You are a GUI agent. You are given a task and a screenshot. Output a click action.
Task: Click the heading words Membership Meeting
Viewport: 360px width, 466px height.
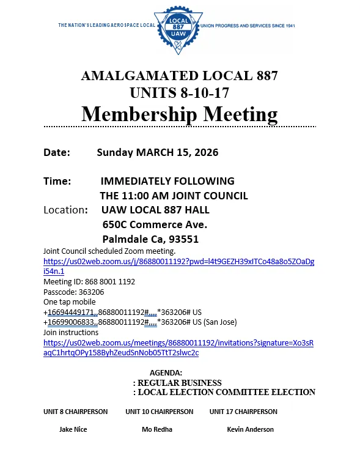(x=180, y=114)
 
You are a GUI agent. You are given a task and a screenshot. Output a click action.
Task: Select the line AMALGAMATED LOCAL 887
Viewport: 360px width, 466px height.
(x=180, y=76)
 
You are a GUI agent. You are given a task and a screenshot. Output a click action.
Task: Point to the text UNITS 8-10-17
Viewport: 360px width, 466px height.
(x=180, y=93)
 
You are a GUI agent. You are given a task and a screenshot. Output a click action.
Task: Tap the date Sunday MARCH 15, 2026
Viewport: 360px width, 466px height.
(x=157, y=152)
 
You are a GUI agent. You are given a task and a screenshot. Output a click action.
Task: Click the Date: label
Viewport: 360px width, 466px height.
(x=57, y=152)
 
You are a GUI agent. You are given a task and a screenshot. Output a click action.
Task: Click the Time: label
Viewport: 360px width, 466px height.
(x=57, y=181)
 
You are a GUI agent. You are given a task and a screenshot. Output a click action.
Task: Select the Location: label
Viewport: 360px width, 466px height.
(x=66, y=210)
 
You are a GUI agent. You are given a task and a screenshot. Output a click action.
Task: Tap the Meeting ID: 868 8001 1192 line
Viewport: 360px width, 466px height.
(x=89, y=281)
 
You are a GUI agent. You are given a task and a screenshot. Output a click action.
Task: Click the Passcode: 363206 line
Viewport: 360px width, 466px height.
(x=73, y=292)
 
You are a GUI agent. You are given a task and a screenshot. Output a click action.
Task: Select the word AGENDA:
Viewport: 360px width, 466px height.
(x=166, y=372)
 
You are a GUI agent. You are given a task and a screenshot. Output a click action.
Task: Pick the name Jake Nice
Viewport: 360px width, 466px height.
(x=73, y=429)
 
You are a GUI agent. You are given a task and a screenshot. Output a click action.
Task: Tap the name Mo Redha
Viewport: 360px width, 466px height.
(x=157, y=429)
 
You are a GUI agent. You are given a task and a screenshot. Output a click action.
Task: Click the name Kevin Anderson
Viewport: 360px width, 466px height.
(x=250, y=429)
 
